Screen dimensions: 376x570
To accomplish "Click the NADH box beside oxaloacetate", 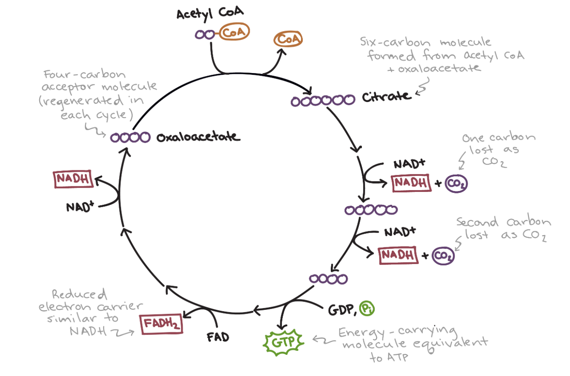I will [x=73, y=179].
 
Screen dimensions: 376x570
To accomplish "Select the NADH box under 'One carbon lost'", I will [x=412, y=183].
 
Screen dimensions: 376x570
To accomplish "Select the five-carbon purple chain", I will [x=371, y=210].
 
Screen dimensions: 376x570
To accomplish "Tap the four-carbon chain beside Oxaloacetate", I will [x=130, y=138].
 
